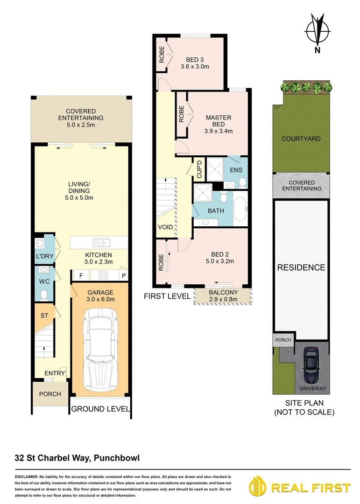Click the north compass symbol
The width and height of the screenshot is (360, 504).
(317, 32)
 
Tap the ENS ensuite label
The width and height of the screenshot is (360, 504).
(236, 170)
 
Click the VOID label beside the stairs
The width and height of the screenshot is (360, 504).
(165, 228)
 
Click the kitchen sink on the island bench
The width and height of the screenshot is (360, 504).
(101, 242)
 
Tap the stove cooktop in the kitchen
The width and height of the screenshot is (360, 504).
(103, 275)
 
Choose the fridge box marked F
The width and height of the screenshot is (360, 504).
(81, 275)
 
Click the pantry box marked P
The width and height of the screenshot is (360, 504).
(124, 275)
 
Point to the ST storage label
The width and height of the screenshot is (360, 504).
(44, 316)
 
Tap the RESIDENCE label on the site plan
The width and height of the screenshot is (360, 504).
(301, 267)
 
